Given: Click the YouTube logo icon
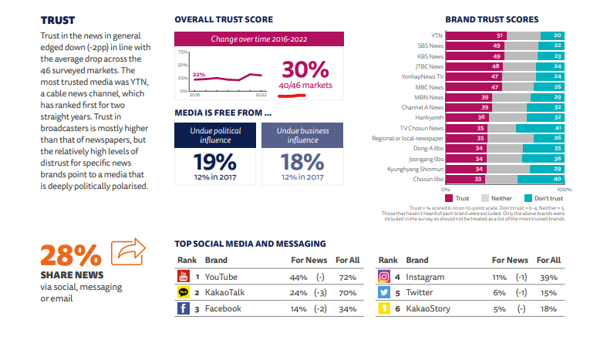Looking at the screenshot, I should tap(184, 276).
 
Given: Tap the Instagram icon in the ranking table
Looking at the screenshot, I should tap(383, 276).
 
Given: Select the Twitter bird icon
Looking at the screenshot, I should tap(383, 292).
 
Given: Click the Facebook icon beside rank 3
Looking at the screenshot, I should tap(184, 308).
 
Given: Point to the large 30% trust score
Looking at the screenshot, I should tap(305, 69).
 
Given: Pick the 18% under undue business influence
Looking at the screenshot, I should tap(302, 162).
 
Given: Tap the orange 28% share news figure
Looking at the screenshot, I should tap(70, 254).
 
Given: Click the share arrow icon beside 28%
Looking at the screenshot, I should tap(128, 252).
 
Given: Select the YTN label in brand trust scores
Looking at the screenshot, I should tap(437, 35).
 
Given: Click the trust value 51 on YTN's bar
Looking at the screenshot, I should tap(500, 35).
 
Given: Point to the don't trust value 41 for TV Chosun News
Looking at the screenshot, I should tap(557, 127).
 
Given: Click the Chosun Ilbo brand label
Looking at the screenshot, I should tap(427, 178).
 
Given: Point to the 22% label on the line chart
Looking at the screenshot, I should tap(199, 75).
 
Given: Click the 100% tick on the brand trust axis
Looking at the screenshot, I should tap(563, 189).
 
